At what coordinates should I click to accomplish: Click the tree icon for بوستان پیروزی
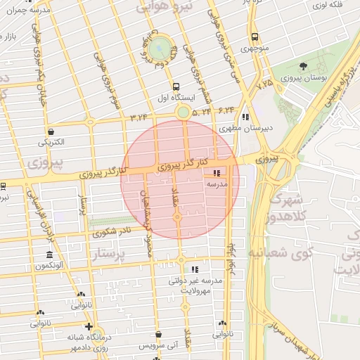(x=303, y=66)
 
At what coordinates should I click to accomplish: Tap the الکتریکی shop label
(x=51, y=142)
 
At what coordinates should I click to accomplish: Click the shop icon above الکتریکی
(x=51, y=131)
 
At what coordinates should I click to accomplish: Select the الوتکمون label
(x=49, y=265)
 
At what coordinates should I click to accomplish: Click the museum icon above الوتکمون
(x=49, y=254)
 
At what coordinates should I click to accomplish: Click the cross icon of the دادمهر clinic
(x=88, y=326)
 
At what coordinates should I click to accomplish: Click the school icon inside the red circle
(x=216, y=172)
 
